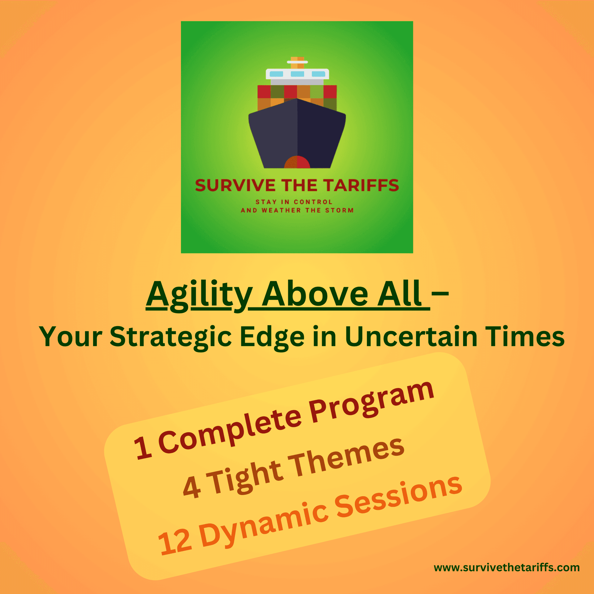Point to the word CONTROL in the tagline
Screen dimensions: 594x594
click(x=313, y=202)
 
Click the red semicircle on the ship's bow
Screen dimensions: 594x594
click(x=297, y=162)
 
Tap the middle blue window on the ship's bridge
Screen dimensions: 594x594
click(x=297, y=74)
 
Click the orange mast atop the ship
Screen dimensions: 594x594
click(x=297, y=62)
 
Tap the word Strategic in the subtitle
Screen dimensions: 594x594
click(x=171, y=337)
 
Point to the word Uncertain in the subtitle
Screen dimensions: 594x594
click(x=411, y=337)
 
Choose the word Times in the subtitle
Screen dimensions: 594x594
click(x=525, y=337)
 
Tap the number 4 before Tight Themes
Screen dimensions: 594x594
click(x=192, y=487)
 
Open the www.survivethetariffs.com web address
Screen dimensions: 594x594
click(x=507, y=568)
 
